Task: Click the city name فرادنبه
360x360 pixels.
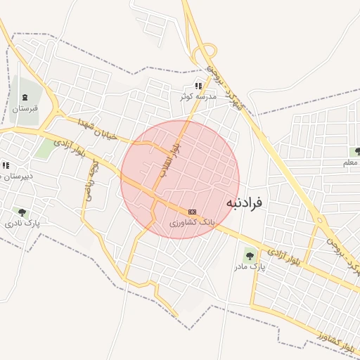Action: coord(244,202)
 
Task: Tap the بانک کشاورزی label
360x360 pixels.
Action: coord(191,222)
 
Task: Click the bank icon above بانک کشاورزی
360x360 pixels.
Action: coord(192,212)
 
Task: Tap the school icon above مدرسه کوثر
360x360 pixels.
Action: coord(198,85)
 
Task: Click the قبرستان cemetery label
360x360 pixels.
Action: coord(24,109)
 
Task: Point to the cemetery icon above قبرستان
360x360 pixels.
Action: coord(25,97)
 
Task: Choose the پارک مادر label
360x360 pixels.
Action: coord(249,267)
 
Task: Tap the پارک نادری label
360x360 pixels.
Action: coord(22,223)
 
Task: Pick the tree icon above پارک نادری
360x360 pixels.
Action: coord(22,212)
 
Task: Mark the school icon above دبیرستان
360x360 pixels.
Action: coord(5,166)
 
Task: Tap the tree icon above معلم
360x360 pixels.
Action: coord(357,152)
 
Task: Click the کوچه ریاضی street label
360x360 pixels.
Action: coord(90,181)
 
